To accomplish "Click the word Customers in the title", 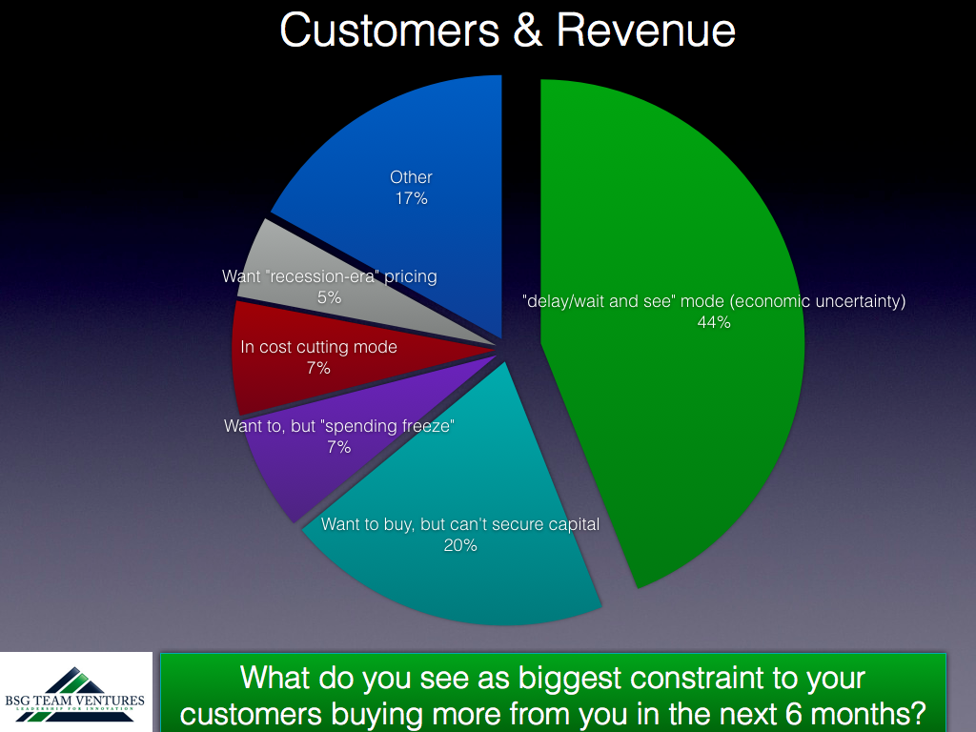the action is tap(390, 30).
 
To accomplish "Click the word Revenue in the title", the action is tap(646, 30).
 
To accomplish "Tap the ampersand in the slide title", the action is tap(528, 30).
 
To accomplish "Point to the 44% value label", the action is tap(714, 322).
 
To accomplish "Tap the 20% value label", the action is tap(460, 545).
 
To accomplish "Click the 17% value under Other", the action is tap(412, 198).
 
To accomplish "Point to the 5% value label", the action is tap(329, 297).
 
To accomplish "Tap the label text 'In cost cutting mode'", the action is tap(318, 347).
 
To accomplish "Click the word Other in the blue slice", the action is tap(411, 177).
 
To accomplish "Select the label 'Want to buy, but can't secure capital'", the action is tap(460, 525).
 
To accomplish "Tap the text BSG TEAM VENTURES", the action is tap(74, 701).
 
